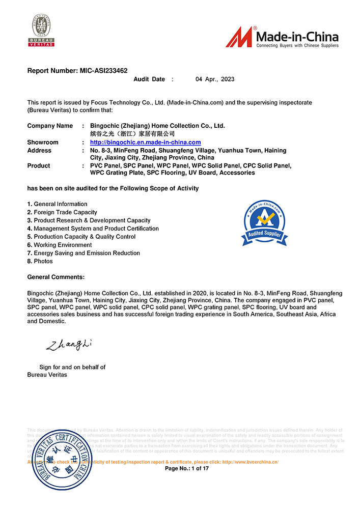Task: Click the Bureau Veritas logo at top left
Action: coord(41,31)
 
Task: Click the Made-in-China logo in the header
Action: coord(282,37)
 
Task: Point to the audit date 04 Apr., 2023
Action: coord(215,79)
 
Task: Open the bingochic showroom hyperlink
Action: coord(145,143)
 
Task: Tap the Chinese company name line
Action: coord(132,133)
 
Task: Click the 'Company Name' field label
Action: coord(50,126)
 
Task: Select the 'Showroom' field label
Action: coord(43,143)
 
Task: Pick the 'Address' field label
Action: coord(39,151)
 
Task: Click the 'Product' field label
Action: coord(39,166)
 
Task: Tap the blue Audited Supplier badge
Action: coord(265,223)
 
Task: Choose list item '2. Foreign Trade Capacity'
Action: coord(62,212)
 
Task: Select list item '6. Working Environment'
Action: coord(60,245)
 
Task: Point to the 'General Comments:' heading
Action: coord(56,277)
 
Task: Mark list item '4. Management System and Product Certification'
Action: coord(93,229)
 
